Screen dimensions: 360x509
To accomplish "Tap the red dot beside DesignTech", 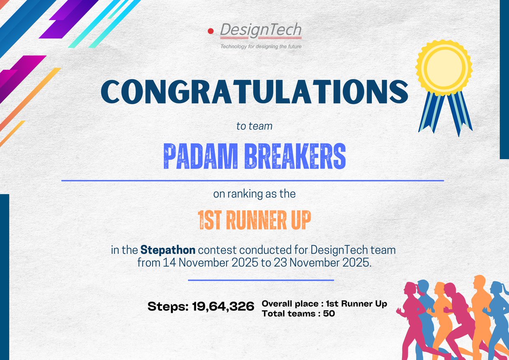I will click(210, 31).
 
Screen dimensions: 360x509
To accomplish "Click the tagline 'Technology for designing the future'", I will click(261, 46).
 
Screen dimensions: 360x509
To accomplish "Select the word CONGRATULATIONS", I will click(254, 92).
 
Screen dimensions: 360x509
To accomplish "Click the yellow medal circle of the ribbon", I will click(444, 67).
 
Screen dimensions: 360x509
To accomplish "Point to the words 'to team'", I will click(254, 126).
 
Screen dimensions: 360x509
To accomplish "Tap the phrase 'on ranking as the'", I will click(254, 195).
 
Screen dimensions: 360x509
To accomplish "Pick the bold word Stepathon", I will click(168, 249).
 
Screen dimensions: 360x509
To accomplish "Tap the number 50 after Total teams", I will click(329, 314).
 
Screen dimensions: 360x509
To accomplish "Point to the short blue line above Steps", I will click(261, 280).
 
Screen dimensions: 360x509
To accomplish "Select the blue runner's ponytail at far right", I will click(505, 288).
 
